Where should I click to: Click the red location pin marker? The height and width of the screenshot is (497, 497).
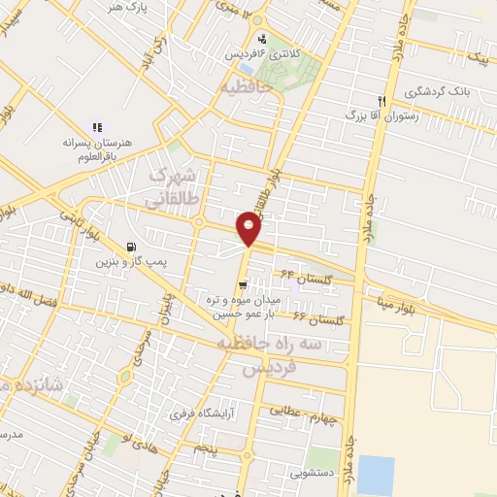tap(248, 230)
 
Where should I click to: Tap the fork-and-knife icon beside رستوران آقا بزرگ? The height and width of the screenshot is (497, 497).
tap(382, 101)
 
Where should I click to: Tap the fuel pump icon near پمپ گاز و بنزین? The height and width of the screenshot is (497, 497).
tap(132, 247)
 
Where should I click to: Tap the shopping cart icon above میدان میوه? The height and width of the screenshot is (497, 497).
tap(241, 285)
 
